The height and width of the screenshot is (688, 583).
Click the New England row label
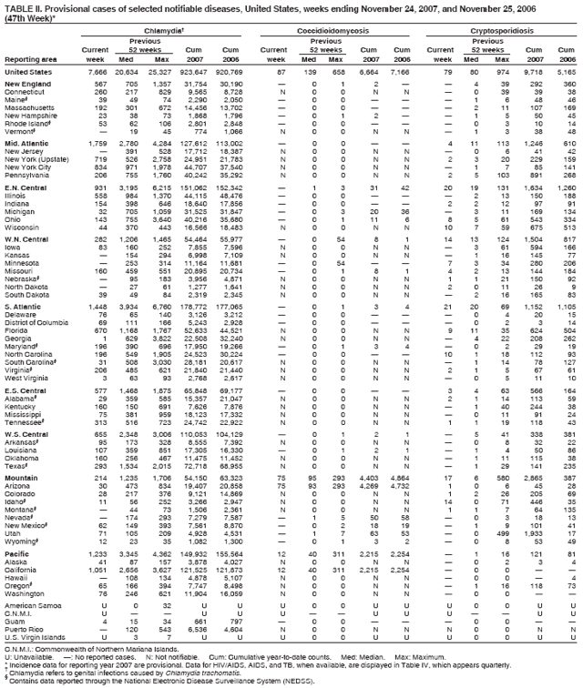tap(27, 84)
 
